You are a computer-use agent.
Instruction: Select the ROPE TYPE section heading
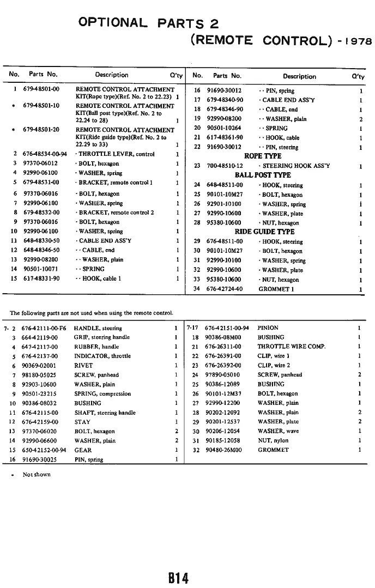[x=263, y=156]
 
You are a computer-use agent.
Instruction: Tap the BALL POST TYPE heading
[x=263, y=175]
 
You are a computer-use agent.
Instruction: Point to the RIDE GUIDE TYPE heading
[x=263, y=232]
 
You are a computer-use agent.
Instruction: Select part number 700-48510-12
[x=225, y=166]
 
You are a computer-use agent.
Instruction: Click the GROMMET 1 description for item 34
[x=276, y=289]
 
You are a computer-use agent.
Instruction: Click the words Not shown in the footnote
[x=37, y=475]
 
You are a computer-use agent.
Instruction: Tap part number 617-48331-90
[x=41, y=278]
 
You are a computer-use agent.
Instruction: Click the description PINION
[x=268, y=328]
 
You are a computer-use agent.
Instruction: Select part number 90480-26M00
[x=223, y=450]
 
